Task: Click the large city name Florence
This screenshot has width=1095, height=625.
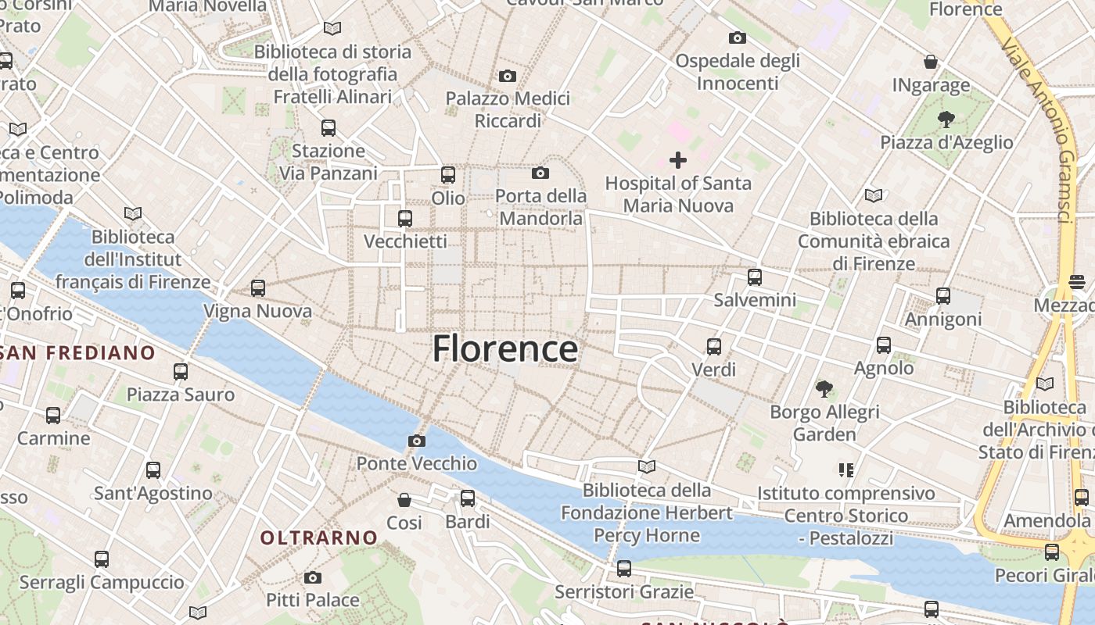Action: (505, 348)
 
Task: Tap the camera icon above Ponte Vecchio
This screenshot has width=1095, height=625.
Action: (417, 441)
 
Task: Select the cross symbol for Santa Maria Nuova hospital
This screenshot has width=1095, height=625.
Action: (678, 160)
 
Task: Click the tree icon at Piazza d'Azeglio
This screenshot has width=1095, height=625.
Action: (946, 120)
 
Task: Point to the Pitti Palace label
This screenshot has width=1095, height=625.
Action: (313, 600)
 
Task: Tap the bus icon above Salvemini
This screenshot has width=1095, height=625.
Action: (755, 277)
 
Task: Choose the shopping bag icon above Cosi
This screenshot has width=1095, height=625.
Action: (404, 499)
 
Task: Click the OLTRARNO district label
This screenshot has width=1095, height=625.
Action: (319, 537)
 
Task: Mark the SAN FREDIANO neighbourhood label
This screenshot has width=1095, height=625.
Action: (78, 352)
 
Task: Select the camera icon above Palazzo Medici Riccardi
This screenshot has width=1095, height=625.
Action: (508, 76)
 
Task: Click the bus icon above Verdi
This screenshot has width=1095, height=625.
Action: (714, 346)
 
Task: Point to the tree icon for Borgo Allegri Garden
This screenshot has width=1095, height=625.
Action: (824, 388)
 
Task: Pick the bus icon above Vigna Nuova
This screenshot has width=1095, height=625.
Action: (258, 288)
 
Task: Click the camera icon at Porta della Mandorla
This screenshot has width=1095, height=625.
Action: (540, 173)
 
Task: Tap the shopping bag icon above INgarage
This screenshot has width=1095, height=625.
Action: (931, 62)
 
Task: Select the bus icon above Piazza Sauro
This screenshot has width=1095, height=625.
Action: (181, 371)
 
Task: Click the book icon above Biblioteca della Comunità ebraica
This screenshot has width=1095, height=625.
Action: (874, 195)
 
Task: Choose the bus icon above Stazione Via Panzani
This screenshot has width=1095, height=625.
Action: (328, 127)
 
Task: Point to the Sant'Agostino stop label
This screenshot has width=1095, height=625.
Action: (153, 493)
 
